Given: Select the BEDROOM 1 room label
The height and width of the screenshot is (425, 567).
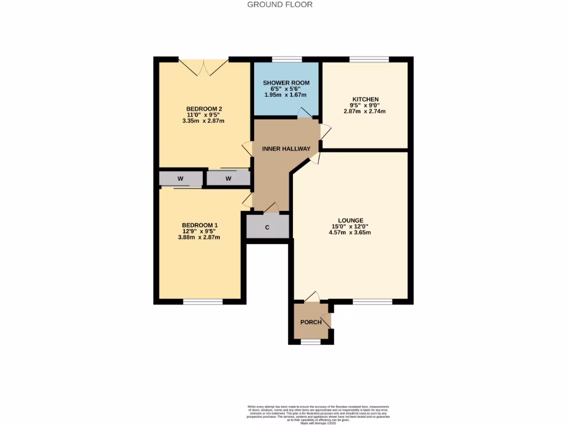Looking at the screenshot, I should point(199,225).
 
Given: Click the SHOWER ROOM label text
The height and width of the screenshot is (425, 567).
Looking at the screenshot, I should point(286,83).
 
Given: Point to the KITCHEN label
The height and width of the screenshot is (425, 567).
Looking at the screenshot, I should point(364,100).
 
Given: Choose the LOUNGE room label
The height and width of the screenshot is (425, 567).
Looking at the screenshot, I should point(349,220).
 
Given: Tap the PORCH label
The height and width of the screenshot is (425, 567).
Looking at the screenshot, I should point(311,322).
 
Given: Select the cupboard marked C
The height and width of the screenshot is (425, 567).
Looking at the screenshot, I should point(267,227).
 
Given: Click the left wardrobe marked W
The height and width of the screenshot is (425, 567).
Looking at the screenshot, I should point(181,179).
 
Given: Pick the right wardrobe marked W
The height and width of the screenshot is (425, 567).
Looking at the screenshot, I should point(228,179).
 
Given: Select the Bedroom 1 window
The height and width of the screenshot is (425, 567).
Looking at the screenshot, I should point(203,302).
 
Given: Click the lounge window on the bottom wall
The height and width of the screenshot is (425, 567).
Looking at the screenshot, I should point(372,302).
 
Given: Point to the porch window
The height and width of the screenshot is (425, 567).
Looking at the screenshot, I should point(310,342).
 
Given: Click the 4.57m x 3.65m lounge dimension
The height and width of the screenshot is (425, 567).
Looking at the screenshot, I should point(349,232).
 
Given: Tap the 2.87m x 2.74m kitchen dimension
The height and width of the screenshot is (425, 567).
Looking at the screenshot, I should point(364,111).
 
